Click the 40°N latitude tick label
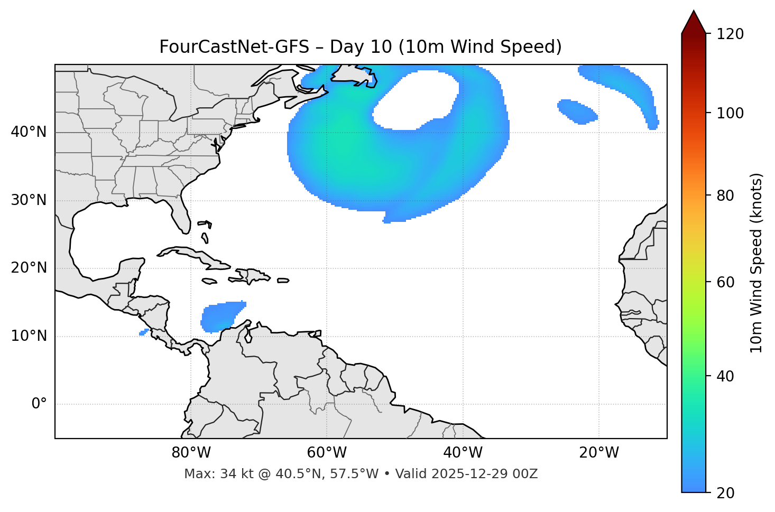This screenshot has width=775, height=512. pos(29,132)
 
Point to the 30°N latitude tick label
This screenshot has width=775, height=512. pos(29,200)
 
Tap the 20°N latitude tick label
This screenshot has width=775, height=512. pos(29,268)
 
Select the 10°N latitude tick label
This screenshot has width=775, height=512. pos(29,336)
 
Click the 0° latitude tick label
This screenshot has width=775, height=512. pos(39,404)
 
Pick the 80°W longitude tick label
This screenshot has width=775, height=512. pos(191,453)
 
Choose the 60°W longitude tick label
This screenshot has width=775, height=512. pos(327,453)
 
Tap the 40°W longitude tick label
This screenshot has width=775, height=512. pos(463,453)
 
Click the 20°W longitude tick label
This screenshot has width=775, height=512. pos(598,453)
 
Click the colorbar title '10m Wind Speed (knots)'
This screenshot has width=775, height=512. pos(756,263)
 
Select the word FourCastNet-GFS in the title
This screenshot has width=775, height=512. pos(234,47)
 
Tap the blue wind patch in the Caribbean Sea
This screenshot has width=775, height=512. pos(221,316)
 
